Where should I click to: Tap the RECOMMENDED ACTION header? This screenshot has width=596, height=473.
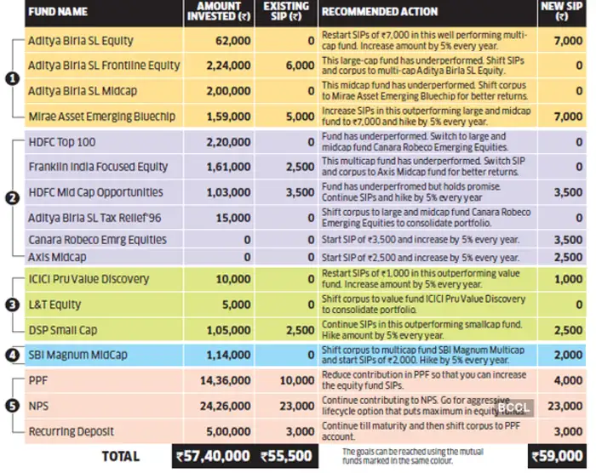click(x=380, y=12)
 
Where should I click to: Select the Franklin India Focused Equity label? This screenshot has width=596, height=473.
click(x=98, y=168)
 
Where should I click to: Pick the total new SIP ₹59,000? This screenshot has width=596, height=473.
click(x=559, y=457)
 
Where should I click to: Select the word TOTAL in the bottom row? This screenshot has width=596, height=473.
click(x=120, y=457)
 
